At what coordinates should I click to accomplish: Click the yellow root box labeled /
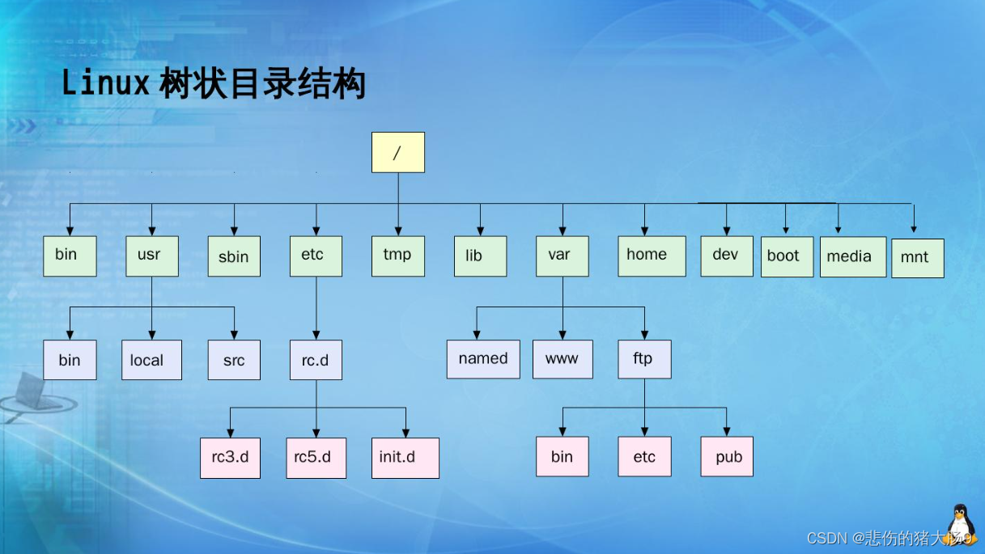pyautogui.click(x=397, y=152)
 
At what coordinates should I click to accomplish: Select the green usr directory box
pyautogui.click(x=152, y=256)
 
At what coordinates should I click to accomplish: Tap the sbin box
pyautogui.click(x=234, y=256)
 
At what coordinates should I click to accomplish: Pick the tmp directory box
pyautogui.click(x=398, y=256)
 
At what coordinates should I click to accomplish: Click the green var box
pyautogui.click(x=562, y=256)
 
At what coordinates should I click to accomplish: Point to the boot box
pyautogui.click(x=787, y=256)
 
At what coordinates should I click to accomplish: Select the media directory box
pyautogui.click(x=853, y=256)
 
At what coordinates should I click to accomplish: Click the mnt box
pyautogui.click(x=917, y=258)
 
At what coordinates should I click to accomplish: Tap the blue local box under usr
pyautogui.click(x=151, y=360)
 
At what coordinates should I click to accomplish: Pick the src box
pyautogui.click(x=234, y=360)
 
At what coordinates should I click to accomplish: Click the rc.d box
pyautogui.click(x=316, y=360)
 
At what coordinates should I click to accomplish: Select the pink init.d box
pyautogui.click(x=405, y=458)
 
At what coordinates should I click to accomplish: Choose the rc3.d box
pyautogui.click(x=231, y=458)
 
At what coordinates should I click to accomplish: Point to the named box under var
pyautogui.click(x=483, y=359)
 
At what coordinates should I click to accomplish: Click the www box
pyautogui.click(x=563, y=359)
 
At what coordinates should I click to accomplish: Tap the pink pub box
pyautogui.click(x=727, y=457)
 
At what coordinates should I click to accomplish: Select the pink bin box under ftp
pyautogui.click(x=563, y=457)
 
